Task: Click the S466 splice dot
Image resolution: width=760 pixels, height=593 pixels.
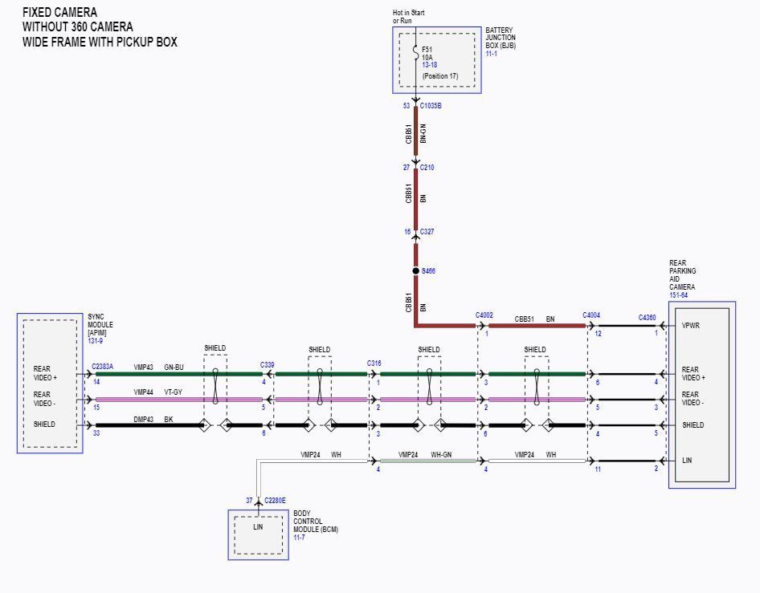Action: [415, 271]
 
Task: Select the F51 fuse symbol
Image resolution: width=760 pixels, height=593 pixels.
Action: [416, 53]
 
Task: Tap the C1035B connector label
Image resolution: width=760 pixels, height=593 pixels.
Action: [431, 106]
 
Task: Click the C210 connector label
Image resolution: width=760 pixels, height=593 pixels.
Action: [427, 168]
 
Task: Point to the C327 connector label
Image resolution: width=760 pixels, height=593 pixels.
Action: [427, 232]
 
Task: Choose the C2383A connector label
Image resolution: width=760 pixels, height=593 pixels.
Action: [102, 367]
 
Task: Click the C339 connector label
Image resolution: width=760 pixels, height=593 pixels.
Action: [267, 365]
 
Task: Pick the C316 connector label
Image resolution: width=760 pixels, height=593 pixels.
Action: [374, 363]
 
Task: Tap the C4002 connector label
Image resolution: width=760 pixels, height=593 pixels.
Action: [484, 315]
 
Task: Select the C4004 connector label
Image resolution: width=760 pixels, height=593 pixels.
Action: [591, 315]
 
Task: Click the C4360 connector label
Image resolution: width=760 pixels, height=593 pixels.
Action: [647, 318]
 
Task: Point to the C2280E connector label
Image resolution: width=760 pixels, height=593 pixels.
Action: [275, 501]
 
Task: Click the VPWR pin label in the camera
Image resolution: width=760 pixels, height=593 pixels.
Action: [691, 326]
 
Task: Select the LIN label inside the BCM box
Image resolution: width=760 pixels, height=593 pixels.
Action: [258, 526]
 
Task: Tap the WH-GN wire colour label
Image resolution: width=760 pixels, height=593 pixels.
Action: [441, 454]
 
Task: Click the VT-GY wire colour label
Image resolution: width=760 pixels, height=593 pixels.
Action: [173, 392]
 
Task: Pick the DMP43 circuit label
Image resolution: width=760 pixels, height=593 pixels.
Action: [144, 419]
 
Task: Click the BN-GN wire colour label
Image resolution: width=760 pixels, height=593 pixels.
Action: [423, 133]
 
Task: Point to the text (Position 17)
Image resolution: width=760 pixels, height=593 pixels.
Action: [440, 76]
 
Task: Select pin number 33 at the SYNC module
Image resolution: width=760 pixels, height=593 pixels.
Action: [96, 433]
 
